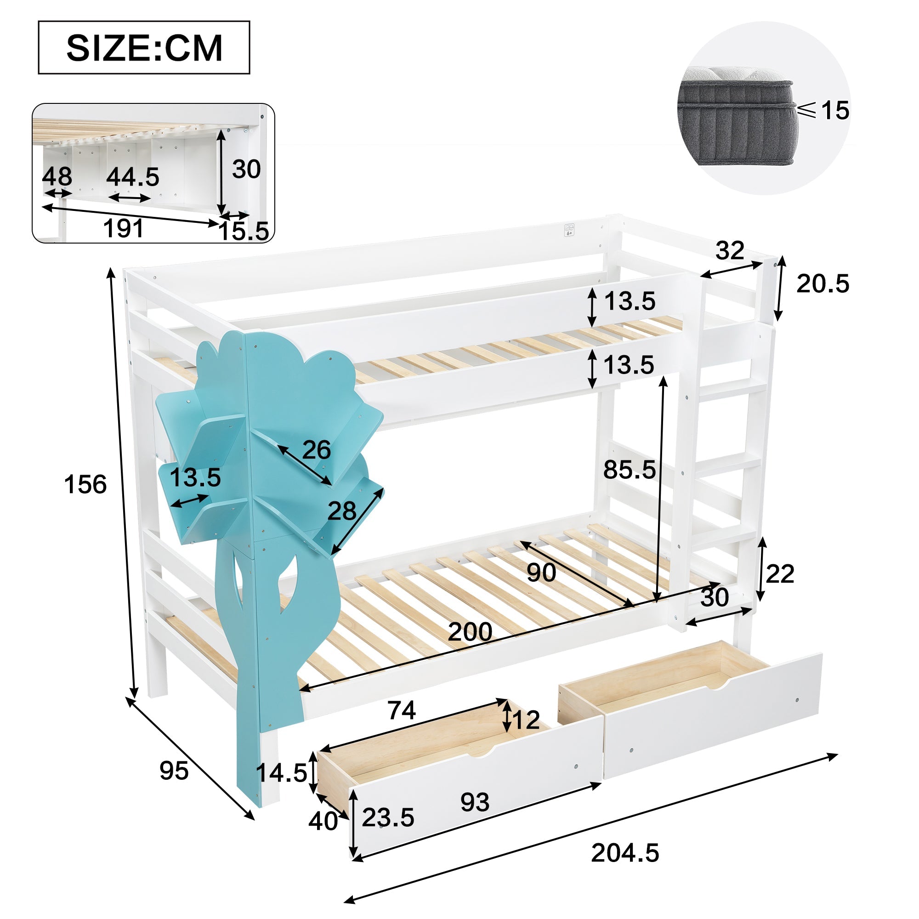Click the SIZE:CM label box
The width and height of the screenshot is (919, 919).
pyautogui.click(x=144, y=48)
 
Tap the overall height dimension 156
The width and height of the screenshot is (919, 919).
pyautogui.click(x=85, y=485)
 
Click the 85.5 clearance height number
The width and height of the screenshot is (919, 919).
pyautogui.click(x=630, y=470)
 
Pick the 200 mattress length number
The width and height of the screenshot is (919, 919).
pyautogui.click(x=470, y=632)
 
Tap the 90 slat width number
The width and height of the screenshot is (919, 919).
pyautogui.click(x=541, y=573)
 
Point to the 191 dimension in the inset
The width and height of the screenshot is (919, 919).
pyautogui.click(x=123, y=228)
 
